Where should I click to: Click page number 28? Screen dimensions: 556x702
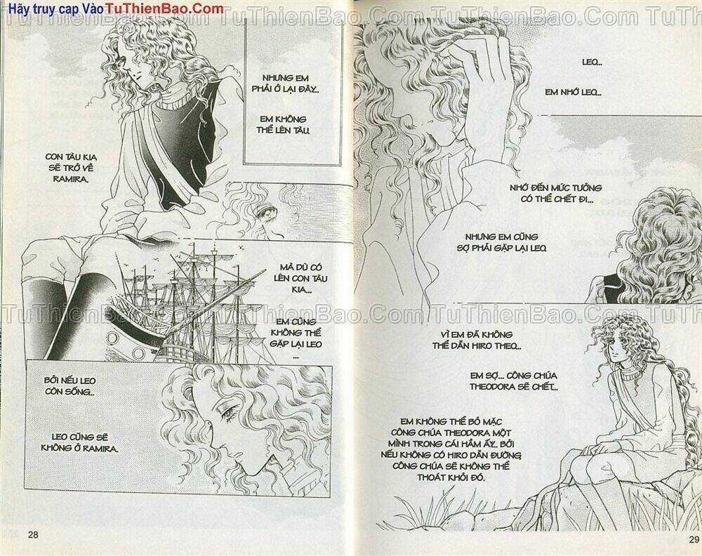[x=32, y=536]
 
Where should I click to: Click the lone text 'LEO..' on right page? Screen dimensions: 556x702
[x=592, y=62]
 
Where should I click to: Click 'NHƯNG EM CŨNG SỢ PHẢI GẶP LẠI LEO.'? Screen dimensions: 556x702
[x=505, y=242]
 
